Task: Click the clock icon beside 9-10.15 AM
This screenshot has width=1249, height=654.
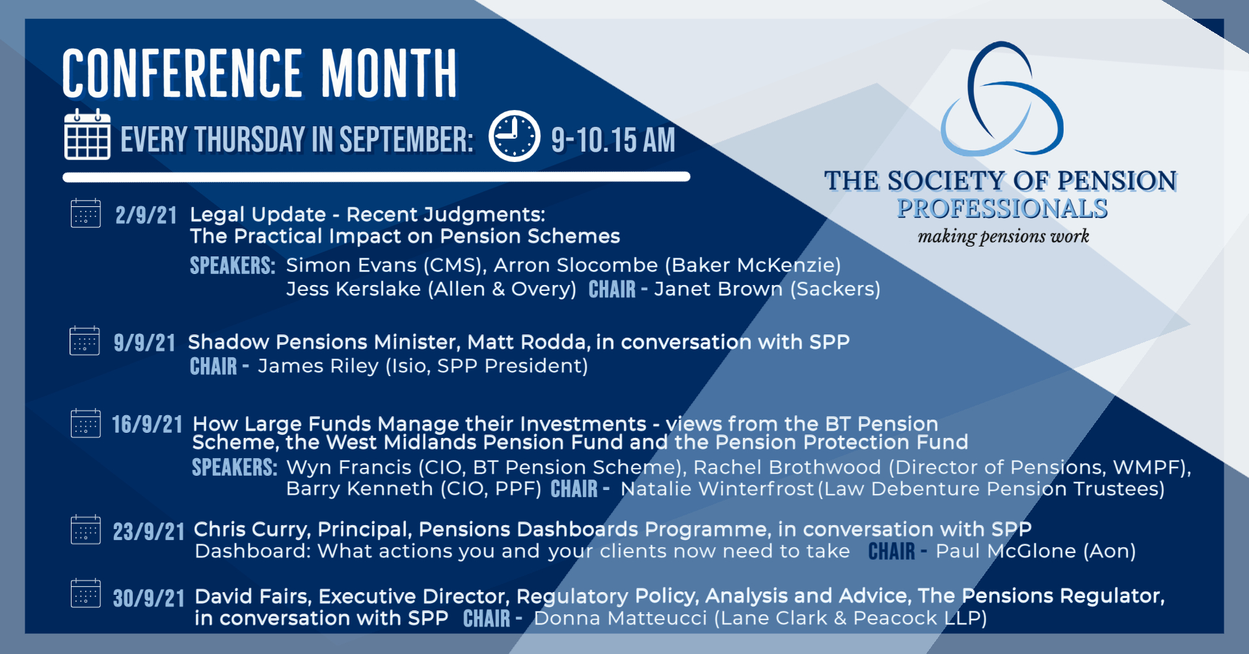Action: pos(514,136)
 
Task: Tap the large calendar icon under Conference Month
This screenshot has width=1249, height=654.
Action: pos(87,135)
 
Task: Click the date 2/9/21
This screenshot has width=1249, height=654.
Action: pos(146,215)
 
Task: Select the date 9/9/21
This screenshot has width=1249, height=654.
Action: pos(144,343)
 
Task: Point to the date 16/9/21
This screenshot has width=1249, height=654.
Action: pos(147,425)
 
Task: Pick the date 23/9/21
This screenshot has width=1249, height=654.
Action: pos(149,532)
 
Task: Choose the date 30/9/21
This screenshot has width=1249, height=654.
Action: pos(149,599)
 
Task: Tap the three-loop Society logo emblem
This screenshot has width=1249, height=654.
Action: pos(1002,99)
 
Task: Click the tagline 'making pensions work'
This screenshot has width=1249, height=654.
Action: pos(1003,236)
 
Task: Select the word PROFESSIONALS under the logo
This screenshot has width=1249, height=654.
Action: pos(1002,208)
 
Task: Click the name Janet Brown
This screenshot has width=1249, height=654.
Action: pos(718,289)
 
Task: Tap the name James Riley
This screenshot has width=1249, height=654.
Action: pos(318,366)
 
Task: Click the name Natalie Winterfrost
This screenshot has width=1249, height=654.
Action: pos(717,489)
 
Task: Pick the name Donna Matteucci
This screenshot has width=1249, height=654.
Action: pos(621,618)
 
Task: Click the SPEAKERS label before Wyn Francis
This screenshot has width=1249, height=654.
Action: pos(235,467)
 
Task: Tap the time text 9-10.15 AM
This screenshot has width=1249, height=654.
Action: pos(613,140)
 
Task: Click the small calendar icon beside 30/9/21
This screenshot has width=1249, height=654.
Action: pos(86,593)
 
